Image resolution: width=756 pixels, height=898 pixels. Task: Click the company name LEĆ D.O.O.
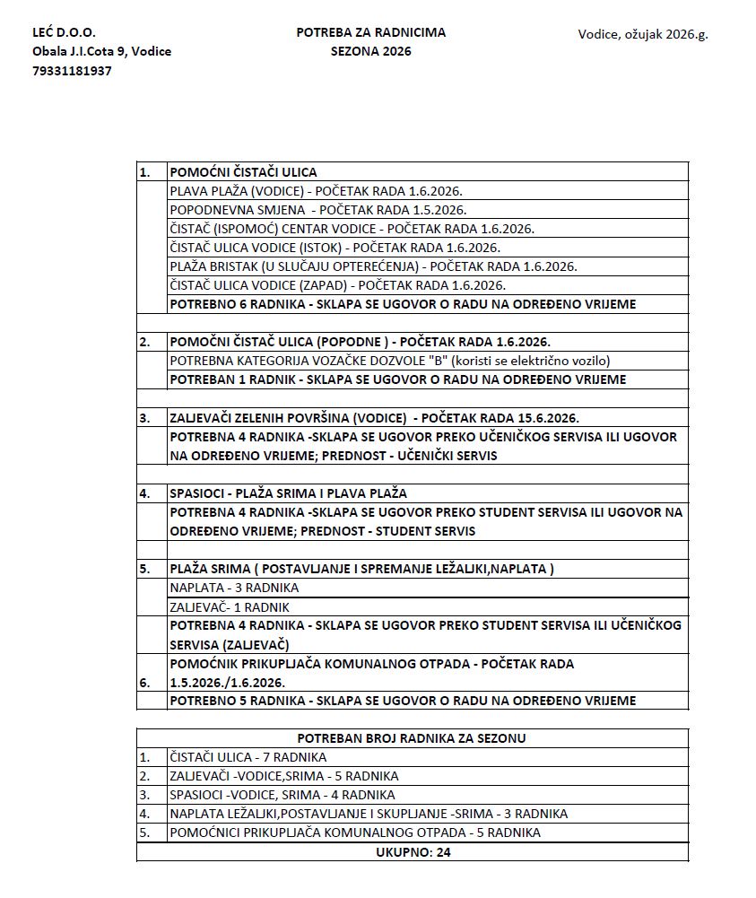[x=64, y=32]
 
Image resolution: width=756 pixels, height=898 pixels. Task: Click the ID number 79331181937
[x=72, y=71]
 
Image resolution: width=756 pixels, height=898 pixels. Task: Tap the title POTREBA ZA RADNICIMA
[x=370, y=32]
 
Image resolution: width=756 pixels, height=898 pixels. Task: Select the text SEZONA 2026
[x=370, y=51]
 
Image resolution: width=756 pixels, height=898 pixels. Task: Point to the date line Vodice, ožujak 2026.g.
[x=643, y=35]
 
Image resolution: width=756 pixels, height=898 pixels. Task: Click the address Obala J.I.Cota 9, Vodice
[x=101, y=51]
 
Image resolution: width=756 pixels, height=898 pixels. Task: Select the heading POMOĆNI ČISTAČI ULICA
[x=243, y=172]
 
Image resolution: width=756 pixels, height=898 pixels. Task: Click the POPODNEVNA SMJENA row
[x=317, y=210]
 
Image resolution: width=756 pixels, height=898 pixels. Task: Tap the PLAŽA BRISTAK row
[x=373, y=266]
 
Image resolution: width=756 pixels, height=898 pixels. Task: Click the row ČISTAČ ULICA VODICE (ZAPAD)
[x=337, y=285]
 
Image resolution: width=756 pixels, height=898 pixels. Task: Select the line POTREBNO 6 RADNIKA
[x=403, y=304]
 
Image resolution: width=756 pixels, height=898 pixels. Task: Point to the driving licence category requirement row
[x=390, y=361]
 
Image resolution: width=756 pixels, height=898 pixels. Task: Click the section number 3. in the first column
[x=144, y=418]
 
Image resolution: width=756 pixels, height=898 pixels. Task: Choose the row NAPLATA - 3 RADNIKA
[x=234, y=588]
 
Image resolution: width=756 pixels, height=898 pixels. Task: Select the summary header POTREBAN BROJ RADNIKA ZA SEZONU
[x=412, y=738]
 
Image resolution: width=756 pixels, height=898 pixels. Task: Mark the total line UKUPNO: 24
[x=413, y=852]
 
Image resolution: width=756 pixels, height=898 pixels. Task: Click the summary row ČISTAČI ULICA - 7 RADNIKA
[x=248, y=757]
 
